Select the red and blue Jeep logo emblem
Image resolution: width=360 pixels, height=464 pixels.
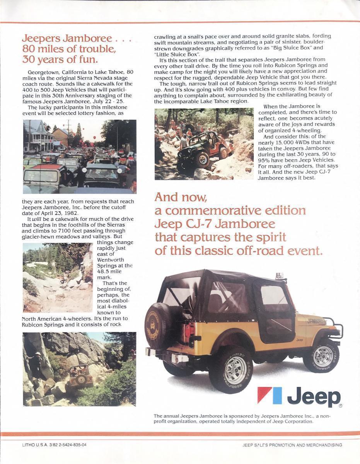coord(270,395)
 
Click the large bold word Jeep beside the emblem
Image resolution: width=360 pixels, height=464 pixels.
coord(314,397)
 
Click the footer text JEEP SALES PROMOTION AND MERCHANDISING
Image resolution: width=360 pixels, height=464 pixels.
coord(292,445)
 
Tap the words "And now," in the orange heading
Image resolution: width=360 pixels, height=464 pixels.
coord(181,197)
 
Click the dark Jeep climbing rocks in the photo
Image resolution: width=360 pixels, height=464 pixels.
coord(199,149)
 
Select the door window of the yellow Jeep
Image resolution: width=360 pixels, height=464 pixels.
coord(274,296)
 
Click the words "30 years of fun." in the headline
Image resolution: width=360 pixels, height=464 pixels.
coord(60,60)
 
